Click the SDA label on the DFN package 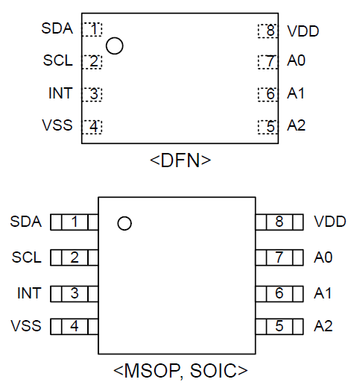tap(57, 28)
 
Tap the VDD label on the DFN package tap(303, 31)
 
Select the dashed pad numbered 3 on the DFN tap(92, 94)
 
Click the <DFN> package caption tap(180, 160)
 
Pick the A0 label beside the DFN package tap(296, 60)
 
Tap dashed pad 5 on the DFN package tap(268, 127)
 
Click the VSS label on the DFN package tap(57, 125)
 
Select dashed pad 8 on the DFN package tap(268, 31)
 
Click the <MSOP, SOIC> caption tap(180, 371)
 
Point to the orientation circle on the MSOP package tap(124, 223)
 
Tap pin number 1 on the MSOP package tap(75, 222)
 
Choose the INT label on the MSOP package tap(29, 293)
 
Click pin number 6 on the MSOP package tap(280, 293)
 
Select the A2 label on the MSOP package tap(323, 326)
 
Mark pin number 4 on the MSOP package tap(75, 326)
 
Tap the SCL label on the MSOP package tap(27, 257)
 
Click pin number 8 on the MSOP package tap(280, 222)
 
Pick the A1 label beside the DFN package tap(296, 94)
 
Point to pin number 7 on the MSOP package tap(280, 257)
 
